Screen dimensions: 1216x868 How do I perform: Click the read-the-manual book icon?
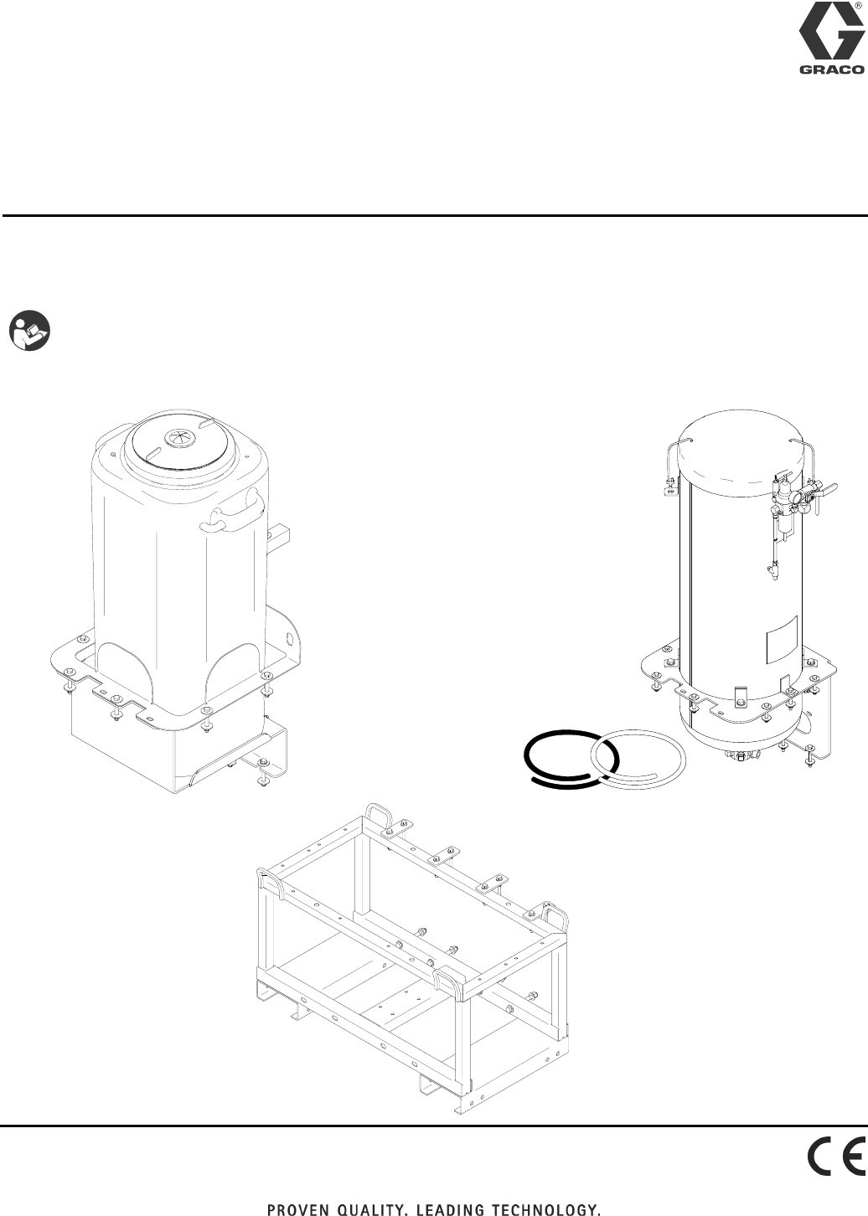point(29,331)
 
